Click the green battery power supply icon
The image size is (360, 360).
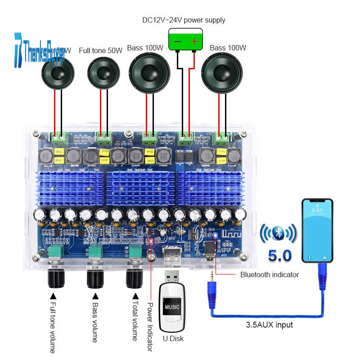pyautogui.click(x=184, y=40)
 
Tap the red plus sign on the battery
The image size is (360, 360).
pyautogui.click(x=194, y=41)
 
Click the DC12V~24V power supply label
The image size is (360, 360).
pyautogui.click(x=184, y=20)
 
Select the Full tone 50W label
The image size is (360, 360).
pyautogui.click(x=101, y=50)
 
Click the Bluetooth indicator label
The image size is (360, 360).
pyautogui.click(x=270, y=274)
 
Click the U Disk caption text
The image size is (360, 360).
pyautogui.click(x=173, y=338)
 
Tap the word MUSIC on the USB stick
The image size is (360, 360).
pyautogui.click(x=171, y=307)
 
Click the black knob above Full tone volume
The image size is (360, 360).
pyautogui.click(x=57, y=279)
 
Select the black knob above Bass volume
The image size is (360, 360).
pyautogui.click(x=95, y=279)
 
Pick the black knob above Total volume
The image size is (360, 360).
pyautogui.click(x=135, y=279)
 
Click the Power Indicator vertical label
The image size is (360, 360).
pyautogui.click(x=150, y=327)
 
